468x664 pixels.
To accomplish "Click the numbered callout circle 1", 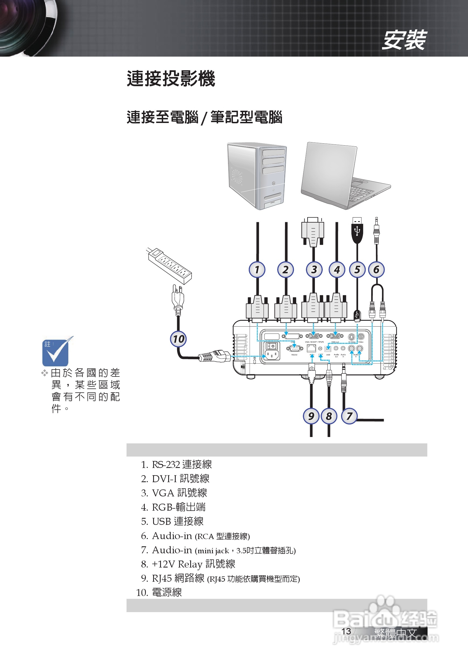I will [x=257, y=270].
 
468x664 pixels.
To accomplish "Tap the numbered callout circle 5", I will [x=357, y=270].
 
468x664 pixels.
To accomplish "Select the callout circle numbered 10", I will [x=178, y=339].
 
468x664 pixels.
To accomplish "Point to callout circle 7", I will [x=349, y=416].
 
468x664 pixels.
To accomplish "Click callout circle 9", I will [x=311, y=416].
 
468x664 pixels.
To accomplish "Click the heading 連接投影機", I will [x=171, y=79].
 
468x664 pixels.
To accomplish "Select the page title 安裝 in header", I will [x=404, y=40].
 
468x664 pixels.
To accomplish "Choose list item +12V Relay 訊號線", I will [x=188, y=564].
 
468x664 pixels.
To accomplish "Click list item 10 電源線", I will [x=159, y=592].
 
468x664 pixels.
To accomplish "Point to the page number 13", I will [x=346, y=631].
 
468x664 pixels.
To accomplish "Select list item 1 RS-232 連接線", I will [x=177, y=464].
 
